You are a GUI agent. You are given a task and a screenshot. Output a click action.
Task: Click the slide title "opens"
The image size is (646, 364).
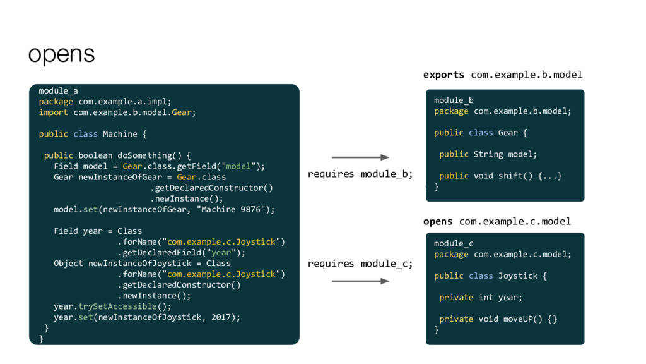click(x=61, y=55)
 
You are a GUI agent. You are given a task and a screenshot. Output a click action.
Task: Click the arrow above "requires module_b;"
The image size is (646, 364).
click(x=360, y=157)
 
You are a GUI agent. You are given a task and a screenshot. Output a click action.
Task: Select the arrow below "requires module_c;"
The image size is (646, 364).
click(x=360, y=281)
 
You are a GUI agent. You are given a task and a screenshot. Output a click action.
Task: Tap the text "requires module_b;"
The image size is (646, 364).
click(x=360, y=174)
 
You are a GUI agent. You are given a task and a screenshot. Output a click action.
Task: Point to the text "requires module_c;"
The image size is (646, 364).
click(x=360, y=264)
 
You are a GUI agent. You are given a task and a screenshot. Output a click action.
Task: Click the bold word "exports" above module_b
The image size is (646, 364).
click(x=443, y=75)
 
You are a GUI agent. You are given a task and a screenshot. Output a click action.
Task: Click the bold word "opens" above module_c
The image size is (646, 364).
click(x=438, y=221)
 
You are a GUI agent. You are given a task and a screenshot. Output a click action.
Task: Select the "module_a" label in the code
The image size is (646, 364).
click(x=58, y=90)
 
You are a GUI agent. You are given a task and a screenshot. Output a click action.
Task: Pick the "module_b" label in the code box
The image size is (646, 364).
click(x=454, y=100)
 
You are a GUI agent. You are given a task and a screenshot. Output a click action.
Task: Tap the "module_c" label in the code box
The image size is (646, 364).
click(x=454, y=243)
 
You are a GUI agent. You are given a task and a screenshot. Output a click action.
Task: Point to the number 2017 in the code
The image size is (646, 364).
click(x=225, y=317)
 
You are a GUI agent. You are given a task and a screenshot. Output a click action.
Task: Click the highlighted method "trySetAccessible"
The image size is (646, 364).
click(x=117, y=306)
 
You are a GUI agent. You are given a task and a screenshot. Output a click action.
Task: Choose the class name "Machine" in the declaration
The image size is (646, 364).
click(x=120, y=134)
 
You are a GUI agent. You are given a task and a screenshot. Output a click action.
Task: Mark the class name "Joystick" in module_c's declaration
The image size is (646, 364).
click(x=519, y=276)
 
